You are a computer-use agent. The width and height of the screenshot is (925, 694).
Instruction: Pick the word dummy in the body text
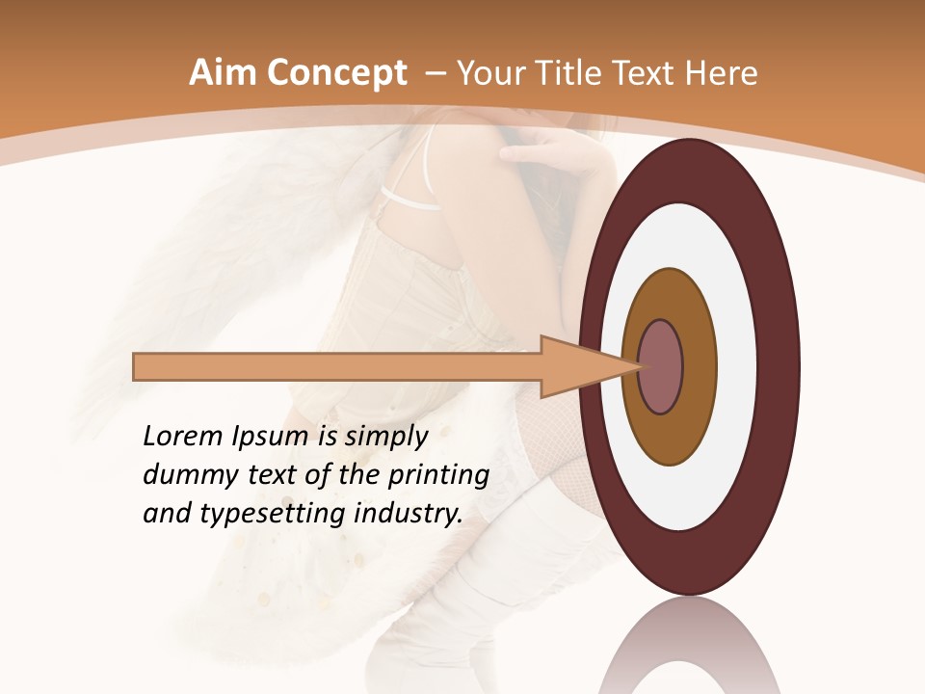tap(183, 475)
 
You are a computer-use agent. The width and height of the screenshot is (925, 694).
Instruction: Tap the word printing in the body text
tap(438, 475)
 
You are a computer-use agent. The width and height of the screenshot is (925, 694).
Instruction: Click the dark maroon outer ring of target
tap(780, 366)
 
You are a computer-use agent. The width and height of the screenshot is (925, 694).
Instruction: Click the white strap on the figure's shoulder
tap(410, 200)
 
